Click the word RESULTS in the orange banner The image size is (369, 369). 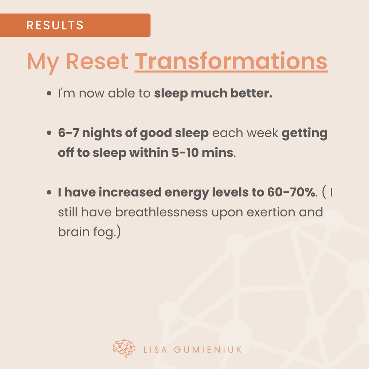55,25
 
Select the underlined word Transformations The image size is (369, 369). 231,61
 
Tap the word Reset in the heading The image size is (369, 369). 97,61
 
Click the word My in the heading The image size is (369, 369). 43,63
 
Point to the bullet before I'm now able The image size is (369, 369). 49,93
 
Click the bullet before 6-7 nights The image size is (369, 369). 49,133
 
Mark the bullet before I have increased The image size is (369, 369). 49,192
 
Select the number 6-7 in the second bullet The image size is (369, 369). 68,133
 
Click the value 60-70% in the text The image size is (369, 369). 291,192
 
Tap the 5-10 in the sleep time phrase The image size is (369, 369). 185,153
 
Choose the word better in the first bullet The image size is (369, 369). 251,93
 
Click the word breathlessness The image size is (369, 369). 161,212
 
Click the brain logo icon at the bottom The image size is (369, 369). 124,349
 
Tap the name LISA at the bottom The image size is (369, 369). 155,350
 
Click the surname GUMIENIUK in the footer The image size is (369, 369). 208,350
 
